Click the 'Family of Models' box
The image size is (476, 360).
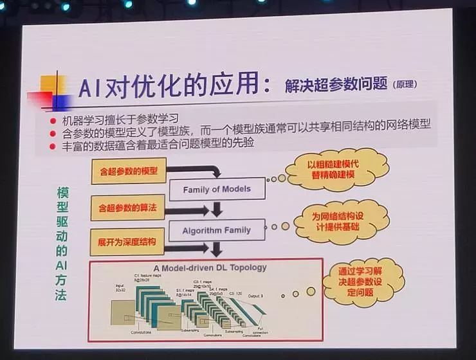(217, 190)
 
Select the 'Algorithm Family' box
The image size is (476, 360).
(216, 230)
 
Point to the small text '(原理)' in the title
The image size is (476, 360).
(407, 86)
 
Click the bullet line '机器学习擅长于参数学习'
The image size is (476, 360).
(120, 121)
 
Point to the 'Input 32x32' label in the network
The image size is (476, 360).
(120, 287)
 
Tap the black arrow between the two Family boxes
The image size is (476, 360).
(217, 209)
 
